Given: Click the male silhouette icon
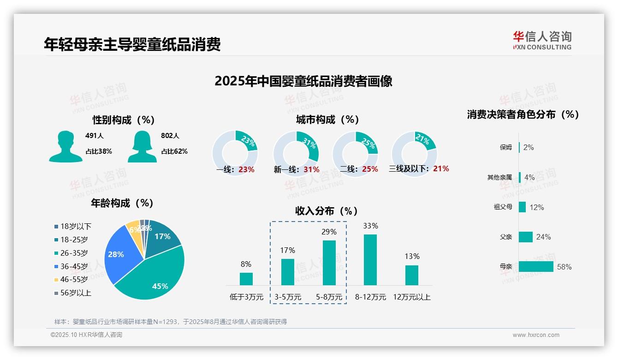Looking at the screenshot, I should coord(65,146).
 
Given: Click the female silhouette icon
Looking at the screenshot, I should coord(142,146).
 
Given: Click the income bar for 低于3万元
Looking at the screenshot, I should coord(246,279).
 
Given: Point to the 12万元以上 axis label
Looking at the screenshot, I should coord(411,297).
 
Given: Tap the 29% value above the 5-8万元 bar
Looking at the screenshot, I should coord(329,232).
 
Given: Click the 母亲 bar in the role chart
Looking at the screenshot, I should coord(536,267).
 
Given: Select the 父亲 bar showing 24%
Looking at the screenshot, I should coord(526,237).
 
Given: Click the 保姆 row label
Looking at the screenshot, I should coord(505,148).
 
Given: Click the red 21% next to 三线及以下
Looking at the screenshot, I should coord(441,169).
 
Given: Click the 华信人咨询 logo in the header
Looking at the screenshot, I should coord(542,41).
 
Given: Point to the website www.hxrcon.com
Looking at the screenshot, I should coord(535,335).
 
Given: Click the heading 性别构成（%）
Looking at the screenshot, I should coord(123,120).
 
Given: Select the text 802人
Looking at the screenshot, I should coord(170,136).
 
